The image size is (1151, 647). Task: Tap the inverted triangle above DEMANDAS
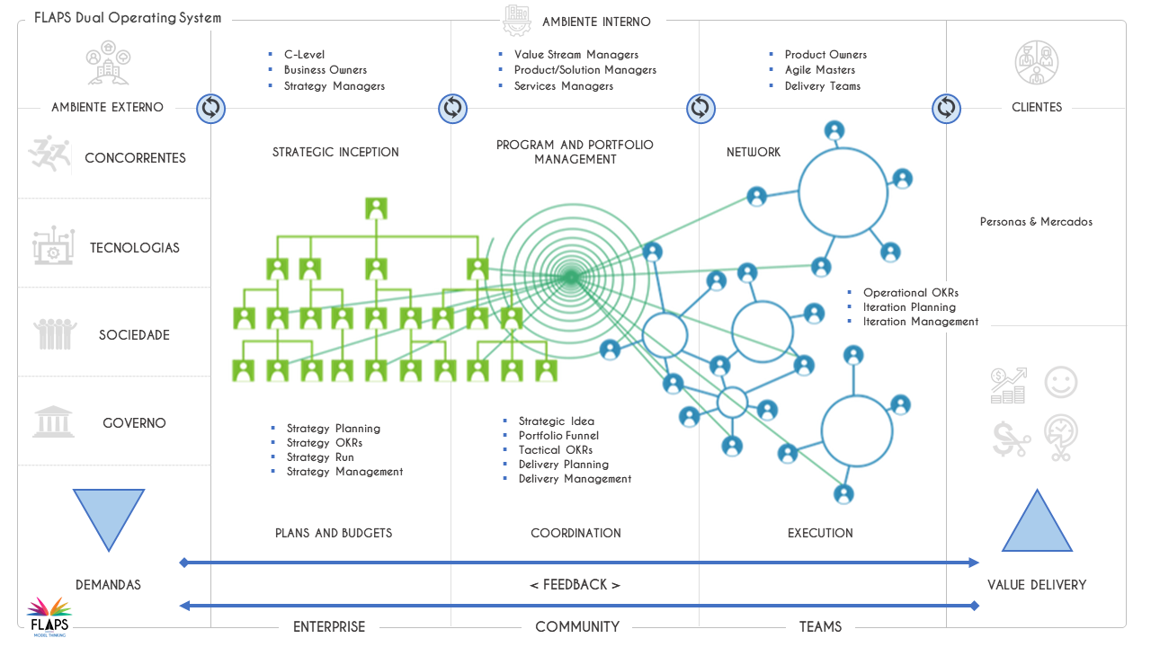[x=108, y=516]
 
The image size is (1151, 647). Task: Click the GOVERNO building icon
[x=53, y=421]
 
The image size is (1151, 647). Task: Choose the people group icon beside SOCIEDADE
[x=55, y=334]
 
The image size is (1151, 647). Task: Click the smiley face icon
[x=1060, y=383]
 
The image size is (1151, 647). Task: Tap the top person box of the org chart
[x=376, y=209]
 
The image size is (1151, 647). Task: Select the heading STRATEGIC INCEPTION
[x=335, y=152]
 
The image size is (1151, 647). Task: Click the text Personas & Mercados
[x=1036, y=221]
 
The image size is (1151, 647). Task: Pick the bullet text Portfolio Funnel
[x=558, y=436]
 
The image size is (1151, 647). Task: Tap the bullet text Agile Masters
[x=819, y=70]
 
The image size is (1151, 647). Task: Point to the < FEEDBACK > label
[x=575, y=585]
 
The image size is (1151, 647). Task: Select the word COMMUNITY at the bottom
[x=576, y=626]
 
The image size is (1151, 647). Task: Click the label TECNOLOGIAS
[x=135, y=248]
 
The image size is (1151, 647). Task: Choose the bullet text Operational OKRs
[x=910, y=293]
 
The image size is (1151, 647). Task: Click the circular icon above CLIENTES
[x=1037, y=62]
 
